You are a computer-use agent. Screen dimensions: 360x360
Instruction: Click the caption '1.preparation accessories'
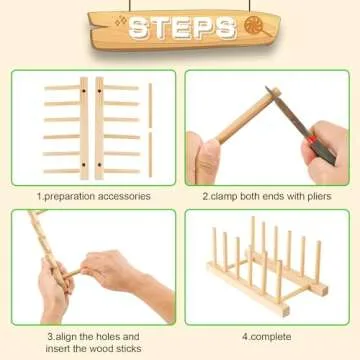point(95,196)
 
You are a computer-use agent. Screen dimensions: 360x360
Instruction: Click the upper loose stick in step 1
point(150,105)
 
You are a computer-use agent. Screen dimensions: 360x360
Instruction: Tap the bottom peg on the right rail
point(120,170)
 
